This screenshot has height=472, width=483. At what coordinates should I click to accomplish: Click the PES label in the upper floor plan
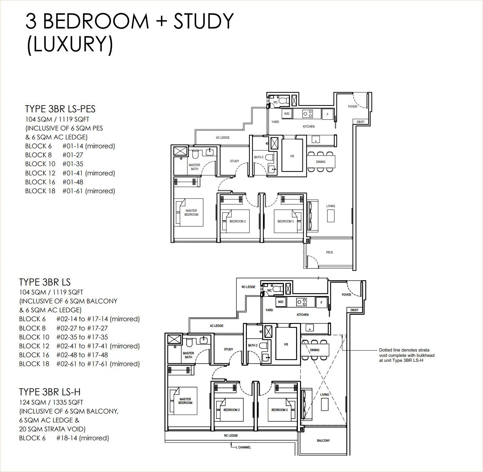(x=329, y=252)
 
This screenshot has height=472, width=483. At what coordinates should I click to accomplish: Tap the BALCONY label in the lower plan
(x=323, y=441)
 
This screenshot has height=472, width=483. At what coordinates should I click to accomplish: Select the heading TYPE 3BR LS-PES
(x=60, y=109)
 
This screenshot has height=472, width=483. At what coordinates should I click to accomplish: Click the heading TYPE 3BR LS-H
(x=50, y=392)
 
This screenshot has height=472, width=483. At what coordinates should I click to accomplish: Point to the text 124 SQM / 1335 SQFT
(x=51, y=402)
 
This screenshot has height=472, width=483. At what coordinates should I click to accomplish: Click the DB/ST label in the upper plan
(x=360, y=122)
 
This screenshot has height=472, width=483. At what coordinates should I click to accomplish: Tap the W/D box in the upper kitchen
(x=287, y=114)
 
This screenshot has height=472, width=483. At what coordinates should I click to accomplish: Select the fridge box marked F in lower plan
(x=321, y=303)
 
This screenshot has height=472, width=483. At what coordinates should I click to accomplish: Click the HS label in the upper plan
(x=292, y=156)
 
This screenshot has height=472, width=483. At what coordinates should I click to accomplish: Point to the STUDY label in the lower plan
(x=228, y=349)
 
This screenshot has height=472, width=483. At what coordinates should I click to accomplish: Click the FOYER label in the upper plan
(x=352, y=106)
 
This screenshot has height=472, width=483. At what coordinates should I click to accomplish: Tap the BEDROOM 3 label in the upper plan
(x=285, y=221)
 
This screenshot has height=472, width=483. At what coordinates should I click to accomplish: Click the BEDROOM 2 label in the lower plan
(x=232, y=410)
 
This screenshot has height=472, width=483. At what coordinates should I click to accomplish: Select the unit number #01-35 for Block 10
(x=73, y=164)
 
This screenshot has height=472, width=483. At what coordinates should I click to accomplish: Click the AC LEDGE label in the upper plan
(x=223, y=137)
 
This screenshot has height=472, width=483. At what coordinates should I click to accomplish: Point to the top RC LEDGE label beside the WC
(x=248, y=287)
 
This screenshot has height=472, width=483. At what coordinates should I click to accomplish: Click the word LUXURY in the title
(x=70, y=43)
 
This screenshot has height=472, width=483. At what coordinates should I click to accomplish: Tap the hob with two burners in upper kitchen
(x=307, y=114)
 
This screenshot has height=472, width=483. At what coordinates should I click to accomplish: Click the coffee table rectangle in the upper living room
(x=331, y=216)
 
